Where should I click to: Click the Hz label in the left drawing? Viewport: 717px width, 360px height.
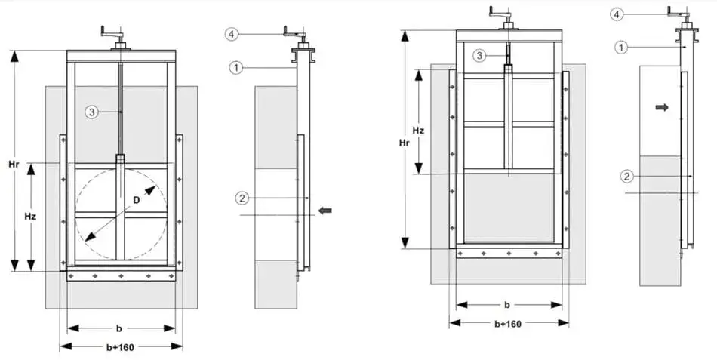30,216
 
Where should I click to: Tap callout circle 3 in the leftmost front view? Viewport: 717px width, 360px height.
91,112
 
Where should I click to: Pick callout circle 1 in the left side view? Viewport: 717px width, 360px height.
236,67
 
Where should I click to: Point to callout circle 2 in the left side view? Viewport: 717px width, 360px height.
242,198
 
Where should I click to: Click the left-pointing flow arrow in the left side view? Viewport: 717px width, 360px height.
325,211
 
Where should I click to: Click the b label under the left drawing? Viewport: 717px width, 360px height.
119,328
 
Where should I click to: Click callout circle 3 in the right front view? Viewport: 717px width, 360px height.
481,55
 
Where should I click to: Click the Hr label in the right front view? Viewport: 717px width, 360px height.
405,142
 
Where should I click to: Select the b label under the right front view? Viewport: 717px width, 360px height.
507,305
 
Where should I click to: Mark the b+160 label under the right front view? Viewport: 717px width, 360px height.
507,323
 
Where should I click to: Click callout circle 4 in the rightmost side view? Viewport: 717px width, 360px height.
617,14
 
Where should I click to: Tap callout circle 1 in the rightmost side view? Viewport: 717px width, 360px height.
620,47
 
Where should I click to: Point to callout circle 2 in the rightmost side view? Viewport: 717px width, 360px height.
626,177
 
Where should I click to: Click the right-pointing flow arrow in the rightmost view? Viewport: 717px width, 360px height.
662,108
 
